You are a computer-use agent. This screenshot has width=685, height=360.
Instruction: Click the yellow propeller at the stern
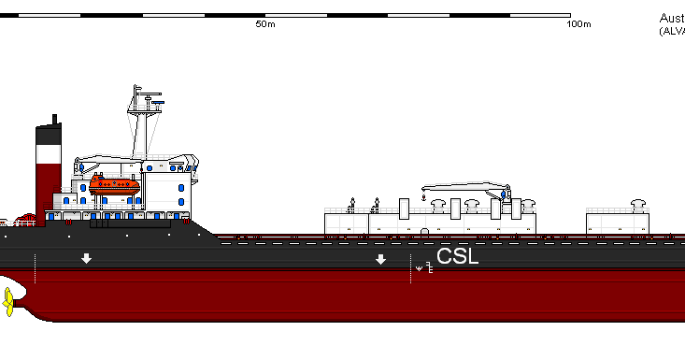coord(8,302)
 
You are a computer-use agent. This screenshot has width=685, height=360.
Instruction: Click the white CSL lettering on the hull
coord(458,255)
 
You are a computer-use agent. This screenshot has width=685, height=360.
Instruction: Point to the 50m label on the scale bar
coord(264,25)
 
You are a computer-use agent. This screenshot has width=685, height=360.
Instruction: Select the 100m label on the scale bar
coord(579,25)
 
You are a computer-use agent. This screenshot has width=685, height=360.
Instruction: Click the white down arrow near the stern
coord(86,258)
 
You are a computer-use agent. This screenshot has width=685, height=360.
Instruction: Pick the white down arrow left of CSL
coord(380,259)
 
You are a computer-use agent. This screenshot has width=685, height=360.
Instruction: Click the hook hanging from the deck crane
coord(424,198)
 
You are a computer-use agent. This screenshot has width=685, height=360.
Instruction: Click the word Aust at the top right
coord(671,19)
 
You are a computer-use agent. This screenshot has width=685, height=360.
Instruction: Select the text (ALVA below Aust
coord(672,32)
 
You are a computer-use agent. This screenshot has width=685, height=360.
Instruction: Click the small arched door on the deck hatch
coord(424,230)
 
